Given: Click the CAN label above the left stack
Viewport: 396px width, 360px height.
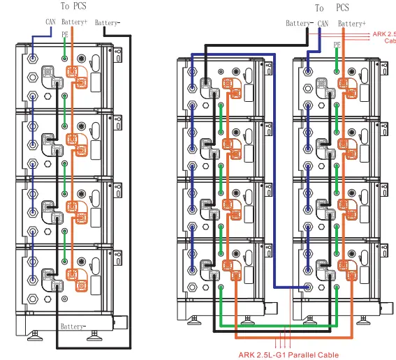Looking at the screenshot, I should tap(50, 22).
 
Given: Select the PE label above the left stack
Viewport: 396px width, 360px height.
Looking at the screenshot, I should tap(64, 33).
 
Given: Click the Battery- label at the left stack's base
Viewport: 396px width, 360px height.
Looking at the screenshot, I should tap(73, 326).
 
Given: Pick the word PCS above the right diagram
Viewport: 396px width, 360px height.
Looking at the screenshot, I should tap(342, 8).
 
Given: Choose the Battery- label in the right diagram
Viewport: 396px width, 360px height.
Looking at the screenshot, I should tap(299, 23).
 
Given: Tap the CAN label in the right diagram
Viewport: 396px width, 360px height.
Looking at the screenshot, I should tap(323, 23).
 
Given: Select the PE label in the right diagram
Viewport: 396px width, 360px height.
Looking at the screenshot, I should tap(337, 43).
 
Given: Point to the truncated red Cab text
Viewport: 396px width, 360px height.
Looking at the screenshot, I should tap(390, 40).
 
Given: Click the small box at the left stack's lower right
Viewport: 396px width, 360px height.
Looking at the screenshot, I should tap(120, 323).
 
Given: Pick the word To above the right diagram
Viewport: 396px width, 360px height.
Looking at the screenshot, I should tap(319, 8).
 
